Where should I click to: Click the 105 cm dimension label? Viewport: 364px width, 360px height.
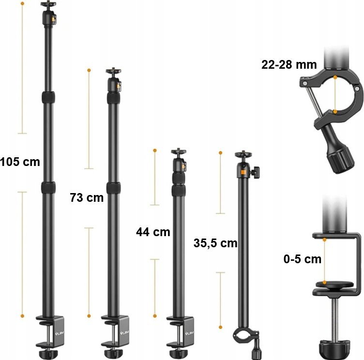point(20,162)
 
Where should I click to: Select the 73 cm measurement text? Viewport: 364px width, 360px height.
point(87,198)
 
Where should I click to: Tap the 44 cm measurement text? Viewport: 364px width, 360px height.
point(153,232)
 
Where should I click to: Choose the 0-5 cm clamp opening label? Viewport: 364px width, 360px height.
point(302,259)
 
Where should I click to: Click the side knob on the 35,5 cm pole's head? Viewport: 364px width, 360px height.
point(256,171)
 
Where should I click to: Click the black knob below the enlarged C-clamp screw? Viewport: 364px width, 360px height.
point(334,348)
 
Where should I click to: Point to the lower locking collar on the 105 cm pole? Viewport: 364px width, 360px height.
point(48,187)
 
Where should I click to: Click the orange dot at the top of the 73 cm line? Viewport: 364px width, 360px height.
point(89,71)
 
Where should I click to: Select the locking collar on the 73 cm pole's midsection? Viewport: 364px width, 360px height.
point(113,188)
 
